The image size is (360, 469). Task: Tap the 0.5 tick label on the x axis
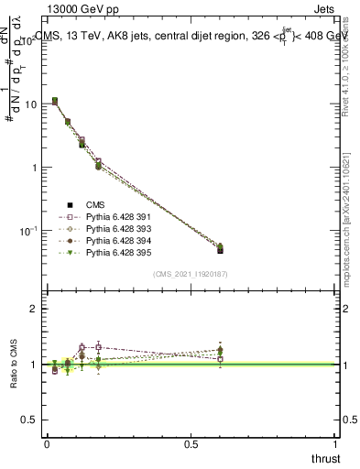[191, 444]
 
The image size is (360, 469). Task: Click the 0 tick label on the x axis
[47, 444]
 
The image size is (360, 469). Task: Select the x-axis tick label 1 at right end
[336, 444]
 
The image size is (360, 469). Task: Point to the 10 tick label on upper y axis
[29, 104]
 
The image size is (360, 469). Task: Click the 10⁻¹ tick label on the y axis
[28, 232]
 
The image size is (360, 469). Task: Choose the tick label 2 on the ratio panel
[34, 310]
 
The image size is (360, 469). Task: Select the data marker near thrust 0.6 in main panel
[220, 249]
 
